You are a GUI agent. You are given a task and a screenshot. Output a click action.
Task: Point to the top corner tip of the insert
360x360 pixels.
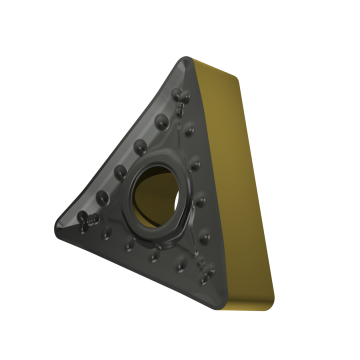pyautogui.click(x=182, y=60)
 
